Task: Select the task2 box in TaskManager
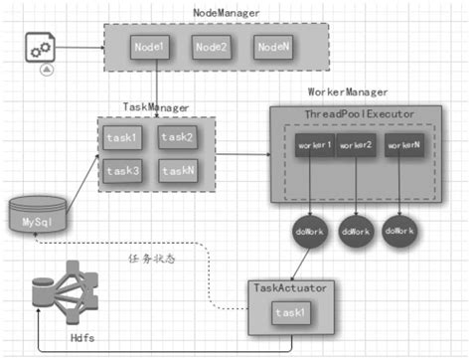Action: point(177,138)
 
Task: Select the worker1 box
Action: point(313,147)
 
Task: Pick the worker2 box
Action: point(355,147)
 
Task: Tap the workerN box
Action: point(402,147)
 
